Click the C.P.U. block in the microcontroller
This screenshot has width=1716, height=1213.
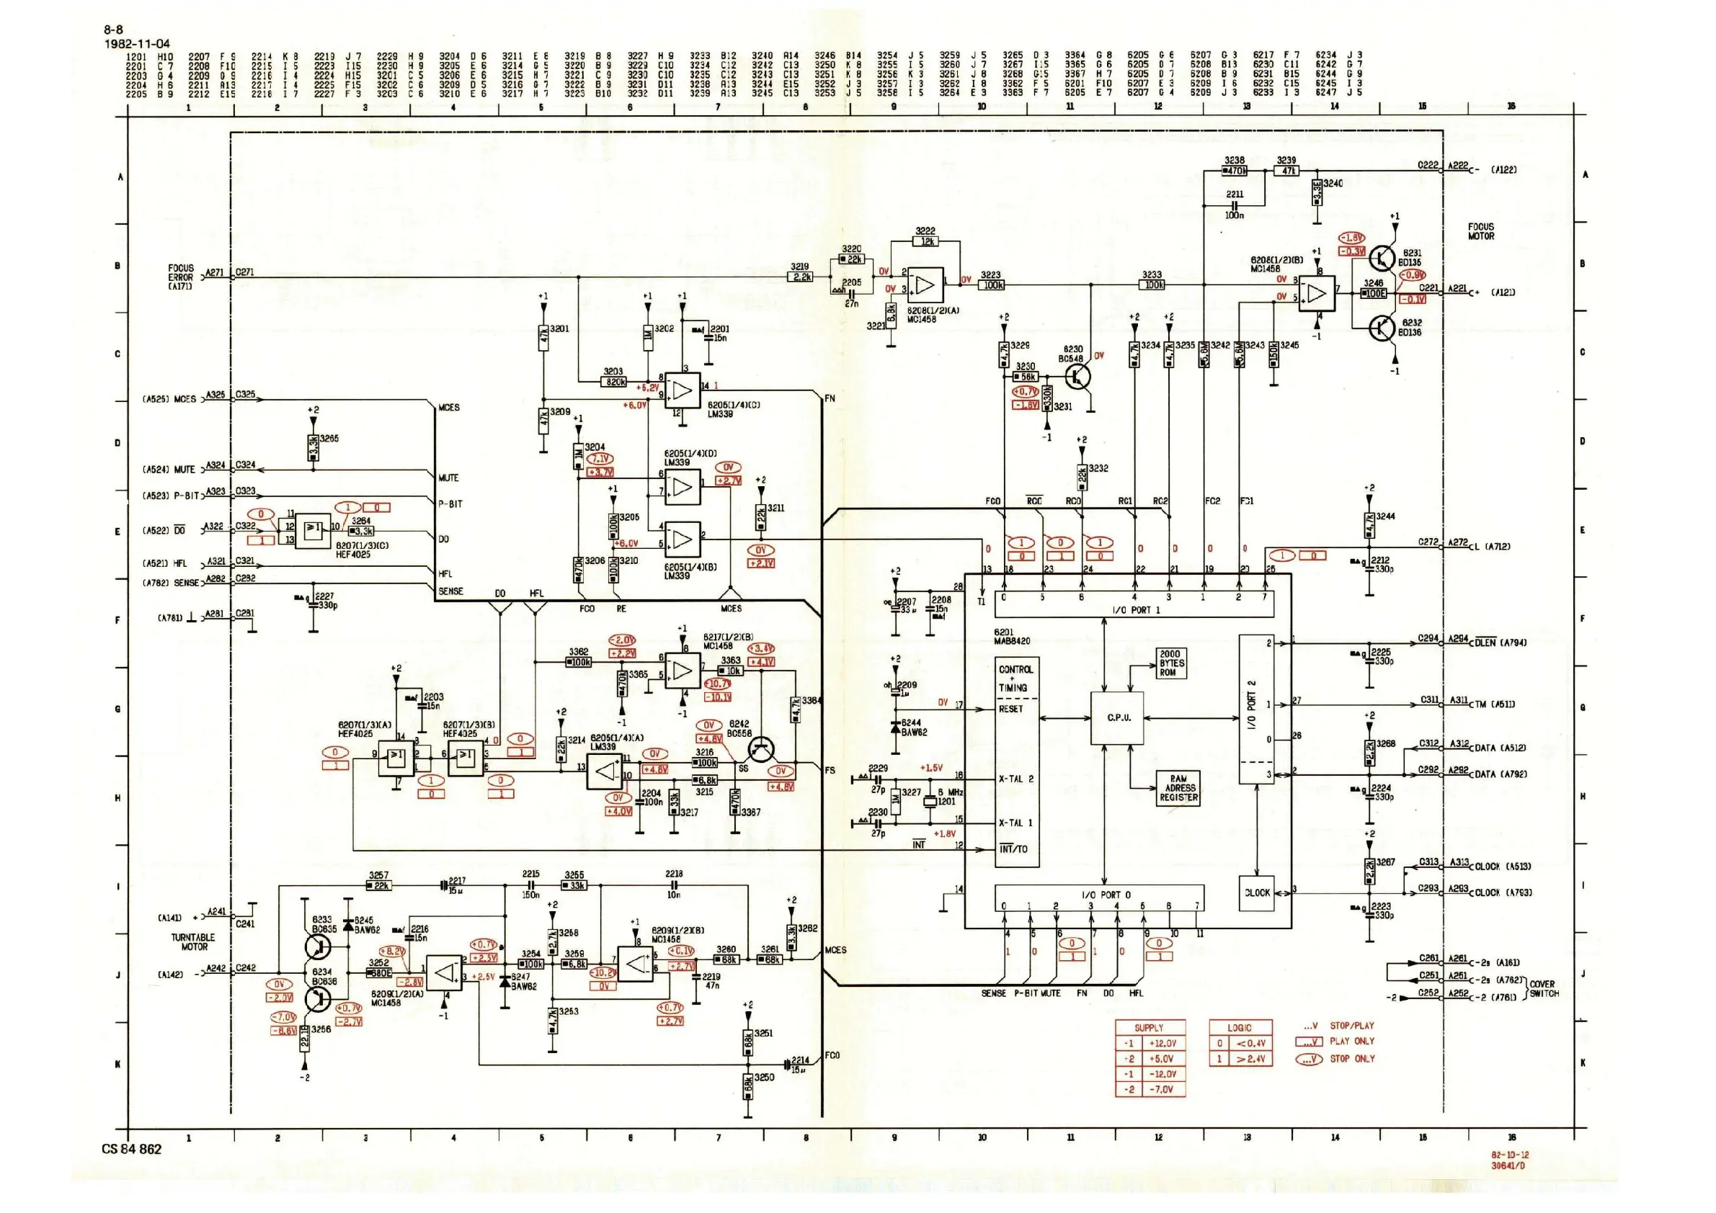point(1117,718)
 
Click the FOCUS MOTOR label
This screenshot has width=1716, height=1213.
point(1480,231)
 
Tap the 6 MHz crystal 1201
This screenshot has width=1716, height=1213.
point(930,802)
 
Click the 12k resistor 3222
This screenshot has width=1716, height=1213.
point(926,242)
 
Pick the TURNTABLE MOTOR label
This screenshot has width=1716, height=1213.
point(194,942)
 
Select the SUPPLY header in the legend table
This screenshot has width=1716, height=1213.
point(1150,1028)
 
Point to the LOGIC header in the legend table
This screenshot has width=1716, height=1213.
point(1240,1028)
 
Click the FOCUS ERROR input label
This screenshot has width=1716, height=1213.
point(180,277)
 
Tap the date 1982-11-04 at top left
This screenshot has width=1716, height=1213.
point(137,43)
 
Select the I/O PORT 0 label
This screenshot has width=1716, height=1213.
point(1106,894)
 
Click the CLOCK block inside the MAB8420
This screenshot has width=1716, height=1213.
point(1257,892)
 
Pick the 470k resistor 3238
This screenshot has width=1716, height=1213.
point(1235,171)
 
